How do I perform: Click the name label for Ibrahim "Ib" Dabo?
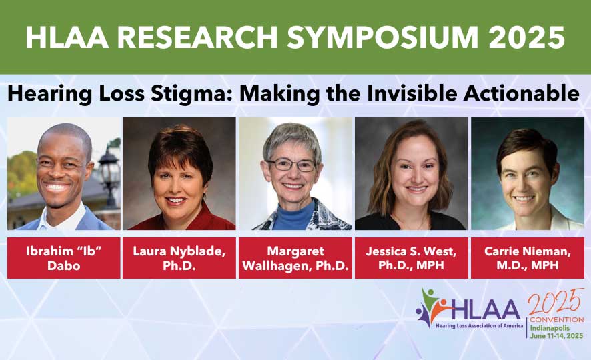[x=64, y=258]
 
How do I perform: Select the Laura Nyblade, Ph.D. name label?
[x=179, y=258]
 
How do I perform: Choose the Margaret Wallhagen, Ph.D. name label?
[x=295, y=258]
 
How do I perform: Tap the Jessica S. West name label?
[x=411, y=258]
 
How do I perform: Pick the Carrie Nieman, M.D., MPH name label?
[x=527, y=258]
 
